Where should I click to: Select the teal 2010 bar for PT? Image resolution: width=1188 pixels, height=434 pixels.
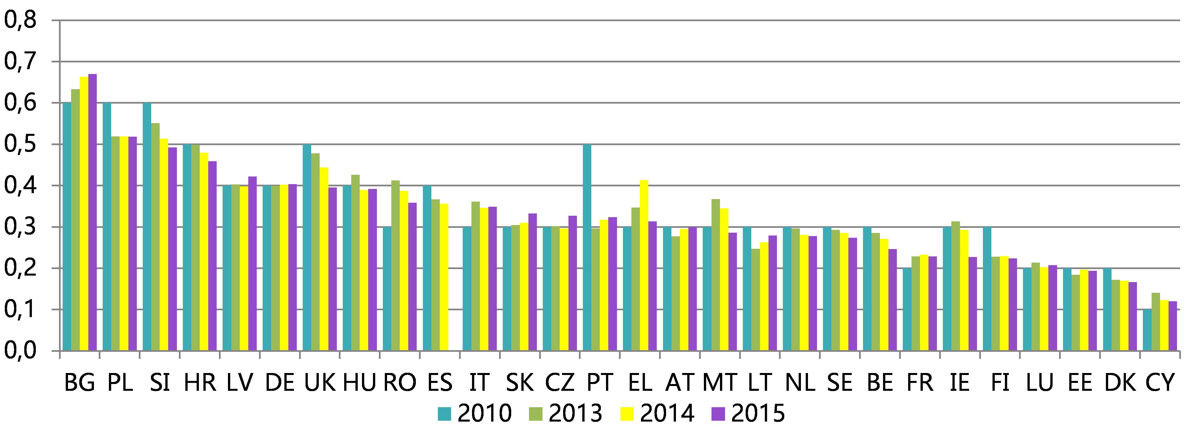tap(587, 247)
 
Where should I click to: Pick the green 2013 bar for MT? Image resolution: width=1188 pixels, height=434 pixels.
tap(716, 275)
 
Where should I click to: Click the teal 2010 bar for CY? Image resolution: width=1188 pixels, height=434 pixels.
tap(1147, 330)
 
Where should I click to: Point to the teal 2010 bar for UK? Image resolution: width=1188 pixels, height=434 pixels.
tap(307, 247)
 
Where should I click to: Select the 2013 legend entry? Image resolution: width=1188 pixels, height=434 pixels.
tap(565, 413)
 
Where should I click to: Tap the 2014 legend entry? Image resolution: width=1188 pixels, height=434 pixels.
tap(657, 413)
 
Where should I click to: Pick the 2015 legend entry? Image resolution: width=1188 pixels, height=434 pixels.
tap(748, 413)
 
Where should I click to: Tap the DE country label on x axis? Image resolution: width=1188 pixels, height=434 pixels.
tap(280, 382)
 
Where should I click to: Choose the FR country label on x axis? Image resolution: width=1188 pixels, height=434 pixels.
tap(920, 382)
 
